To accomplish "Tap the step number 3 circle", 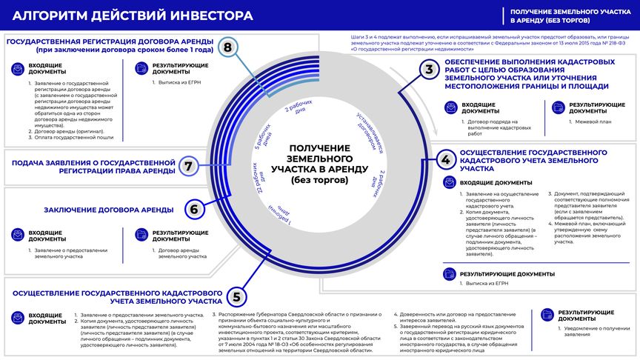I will [429, 70].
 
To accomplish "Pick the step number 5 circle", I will [236, 298].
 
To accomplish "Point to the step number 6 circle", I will [193, 209].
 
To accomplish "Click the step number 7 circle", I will [189, 166].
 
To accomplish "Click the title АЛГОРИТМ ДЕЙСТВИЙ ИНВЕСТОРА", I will [133, 15].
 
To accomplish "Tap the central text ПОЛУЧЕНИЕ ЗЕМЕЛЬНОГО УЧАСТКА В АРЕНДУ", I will [319, 164].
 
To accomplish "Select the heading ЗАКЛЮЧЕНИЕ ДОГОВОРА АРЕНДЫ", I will [109, 209].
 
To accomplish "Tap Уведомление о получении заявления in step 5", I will [590, 331].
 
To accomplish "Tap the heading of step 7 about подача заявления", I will [93, 166].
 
